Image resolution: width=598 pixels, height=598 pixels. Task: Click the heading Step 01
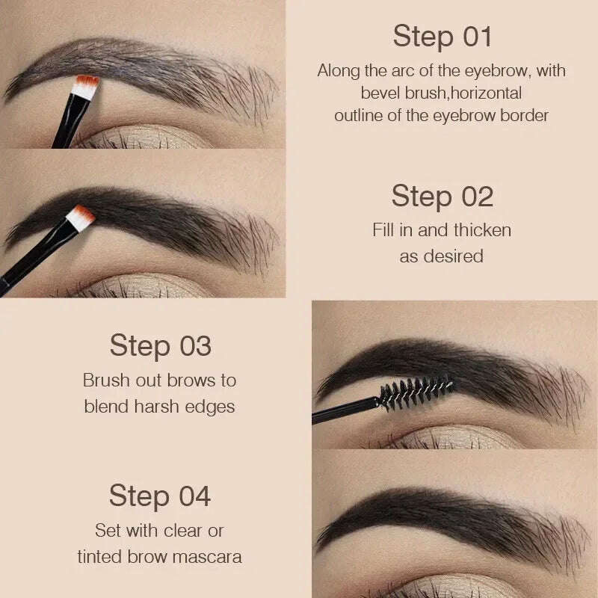click(x=441, y=36)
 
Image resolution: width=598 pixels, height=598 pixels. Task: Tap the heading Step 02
click(x=442, y=196)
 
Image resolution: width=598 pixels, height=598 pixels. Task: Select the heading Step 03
click(x=160, y=346)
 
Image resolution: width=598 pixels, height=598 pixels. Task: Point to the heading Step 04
click(x=160, y=496)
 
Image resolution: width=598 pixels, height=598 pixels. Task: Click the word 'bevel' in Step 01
click(x=381, y=93)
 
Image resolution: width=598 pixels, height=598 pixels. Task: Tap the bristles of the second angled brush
click(x=81, y=218)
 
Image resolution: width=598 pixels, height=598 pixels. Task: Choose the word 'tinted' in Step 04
click(x=103, y=556)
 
